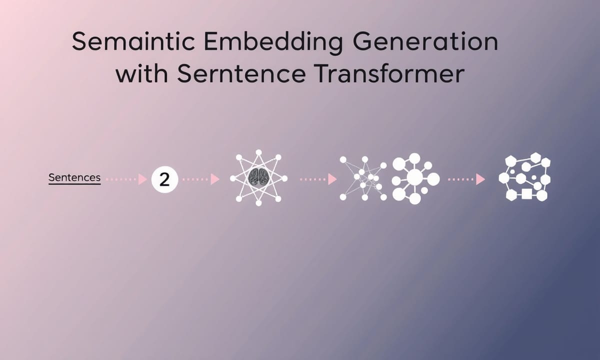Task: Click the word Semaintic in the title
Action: pyautogui.click(x=133, y=41)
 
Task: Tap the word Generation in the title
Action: pyautogui.click(x=425, y=41)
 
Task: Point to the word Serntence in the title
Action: pyautogui.click(x=241, y=73)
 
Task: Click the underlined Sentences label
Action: pyautogui.click(x=74, y=178)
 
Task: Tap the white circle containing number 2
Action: pyautogui.click(x=164, y=179)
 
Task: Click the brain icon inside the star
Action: pyautogui.click(x=258, y=177)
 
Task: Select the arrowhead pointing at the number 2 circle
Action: pyautogui.click(x=143, y=179)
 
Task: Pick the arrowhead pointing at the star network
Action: pyautogui.click(x=215, y=179)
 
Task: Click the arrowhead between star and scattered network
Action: pyautogui.click(x=332, y=179)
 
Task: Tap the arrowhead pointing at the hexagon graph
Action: pyautogui.click(x=480, y=179)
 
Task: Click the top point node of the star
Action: pyautogui.click(x=258, y=152)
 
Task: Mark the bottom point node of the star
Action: pyautogui.click(x=258, y=203)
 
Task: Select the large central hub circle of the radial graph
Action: pyautogui.click(x=414, y=177)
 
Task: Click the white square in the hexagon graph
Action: pyautogui.click(x=526, y=194)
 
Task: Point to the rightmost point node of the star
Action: pyautogui.click(x=284, y=178)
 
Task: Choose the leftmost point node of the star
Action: pyautogui.click(x=233, y=178)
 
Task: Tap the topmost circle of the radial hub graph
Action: pyautogui.click(x=414, y=158)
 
